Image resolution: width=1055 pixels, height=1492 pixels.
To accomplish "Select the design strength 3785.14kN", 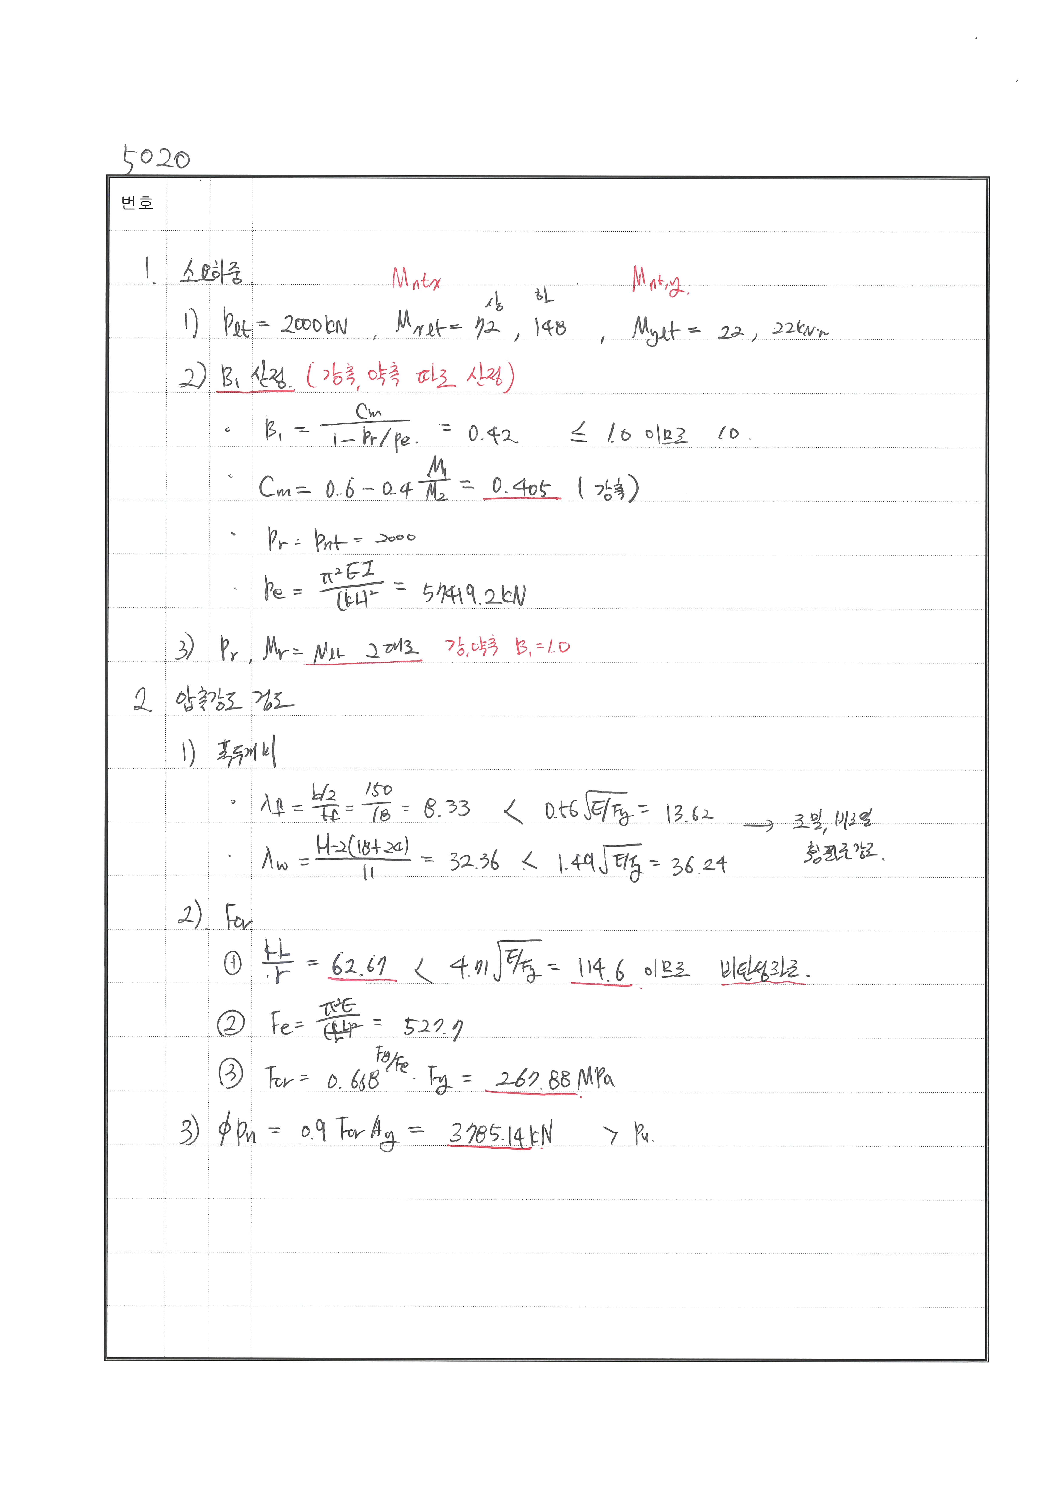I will pos(501,1135).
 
